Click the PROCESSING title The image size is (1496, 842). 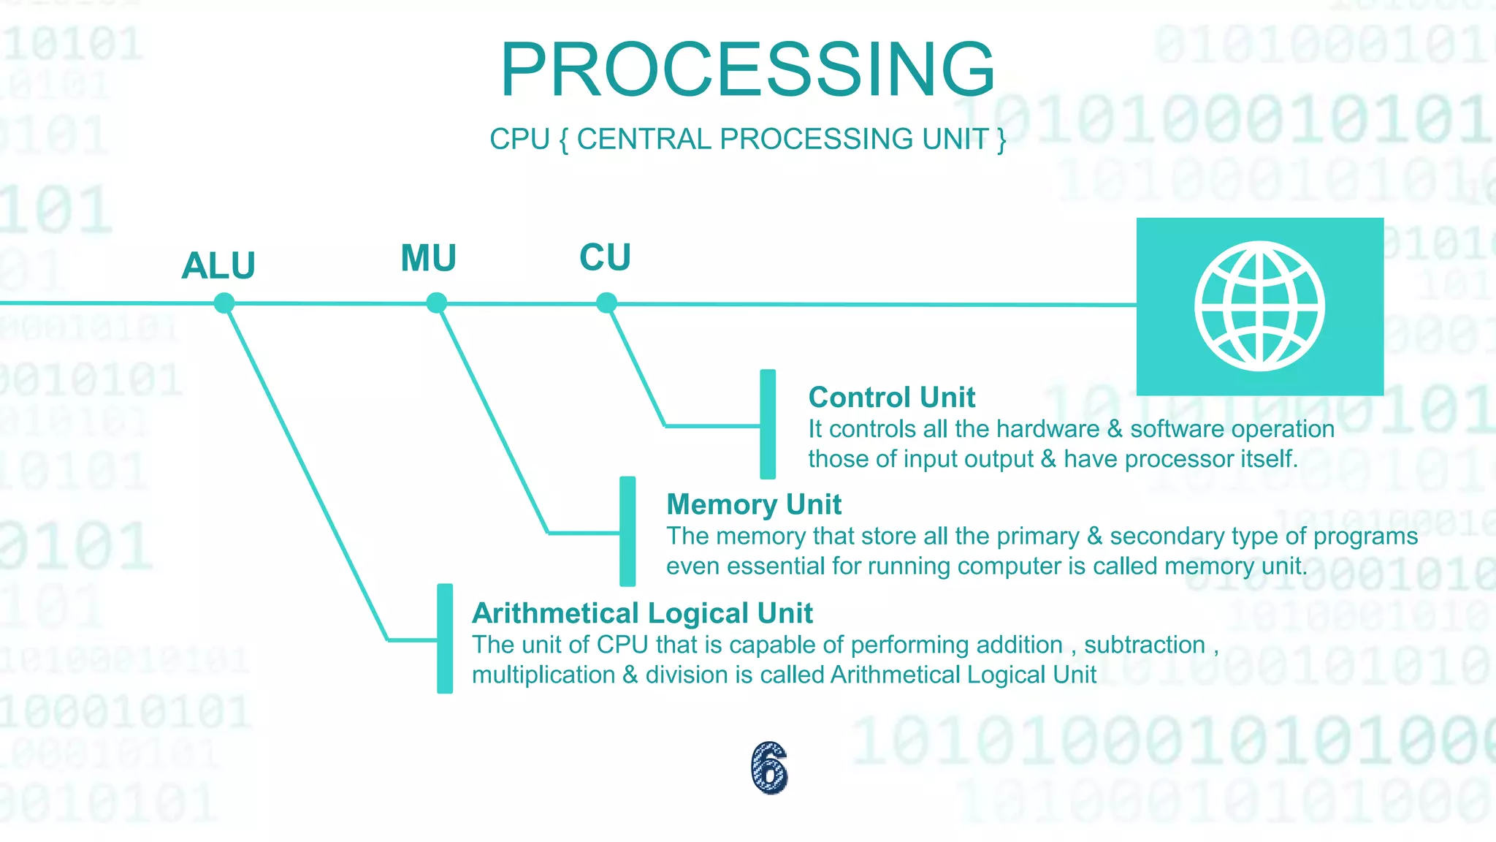coord(747,69)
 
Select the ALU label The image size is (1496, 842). coord(218,265)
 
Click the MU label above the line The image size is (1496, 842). coord(429,258)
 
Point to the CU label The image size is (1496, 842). coord(605,257)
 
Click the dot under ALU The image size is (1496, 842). coord(224,303)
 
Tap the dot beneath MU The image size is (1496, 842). coord(436,303)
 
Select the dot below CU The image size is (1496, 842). coord(606,303)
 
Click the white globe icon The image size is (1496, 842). coord(1259,306)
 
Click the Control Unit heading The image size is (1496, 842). coord(891,398)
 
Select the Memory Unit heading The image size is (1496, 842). coord(754,504)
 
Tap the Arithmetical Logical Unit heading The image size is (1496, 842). coord(642,612)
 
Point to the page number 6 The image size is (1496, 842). coord(769,767)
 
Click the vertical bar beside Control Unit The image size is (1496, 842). coord(768,424)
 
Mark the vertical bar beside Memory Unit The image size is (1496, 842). coord(627,531)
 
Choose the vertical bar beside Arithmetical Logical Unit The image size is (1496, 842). coord(445,638)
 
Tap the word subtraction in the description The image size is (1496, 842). coord(1144,645)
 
